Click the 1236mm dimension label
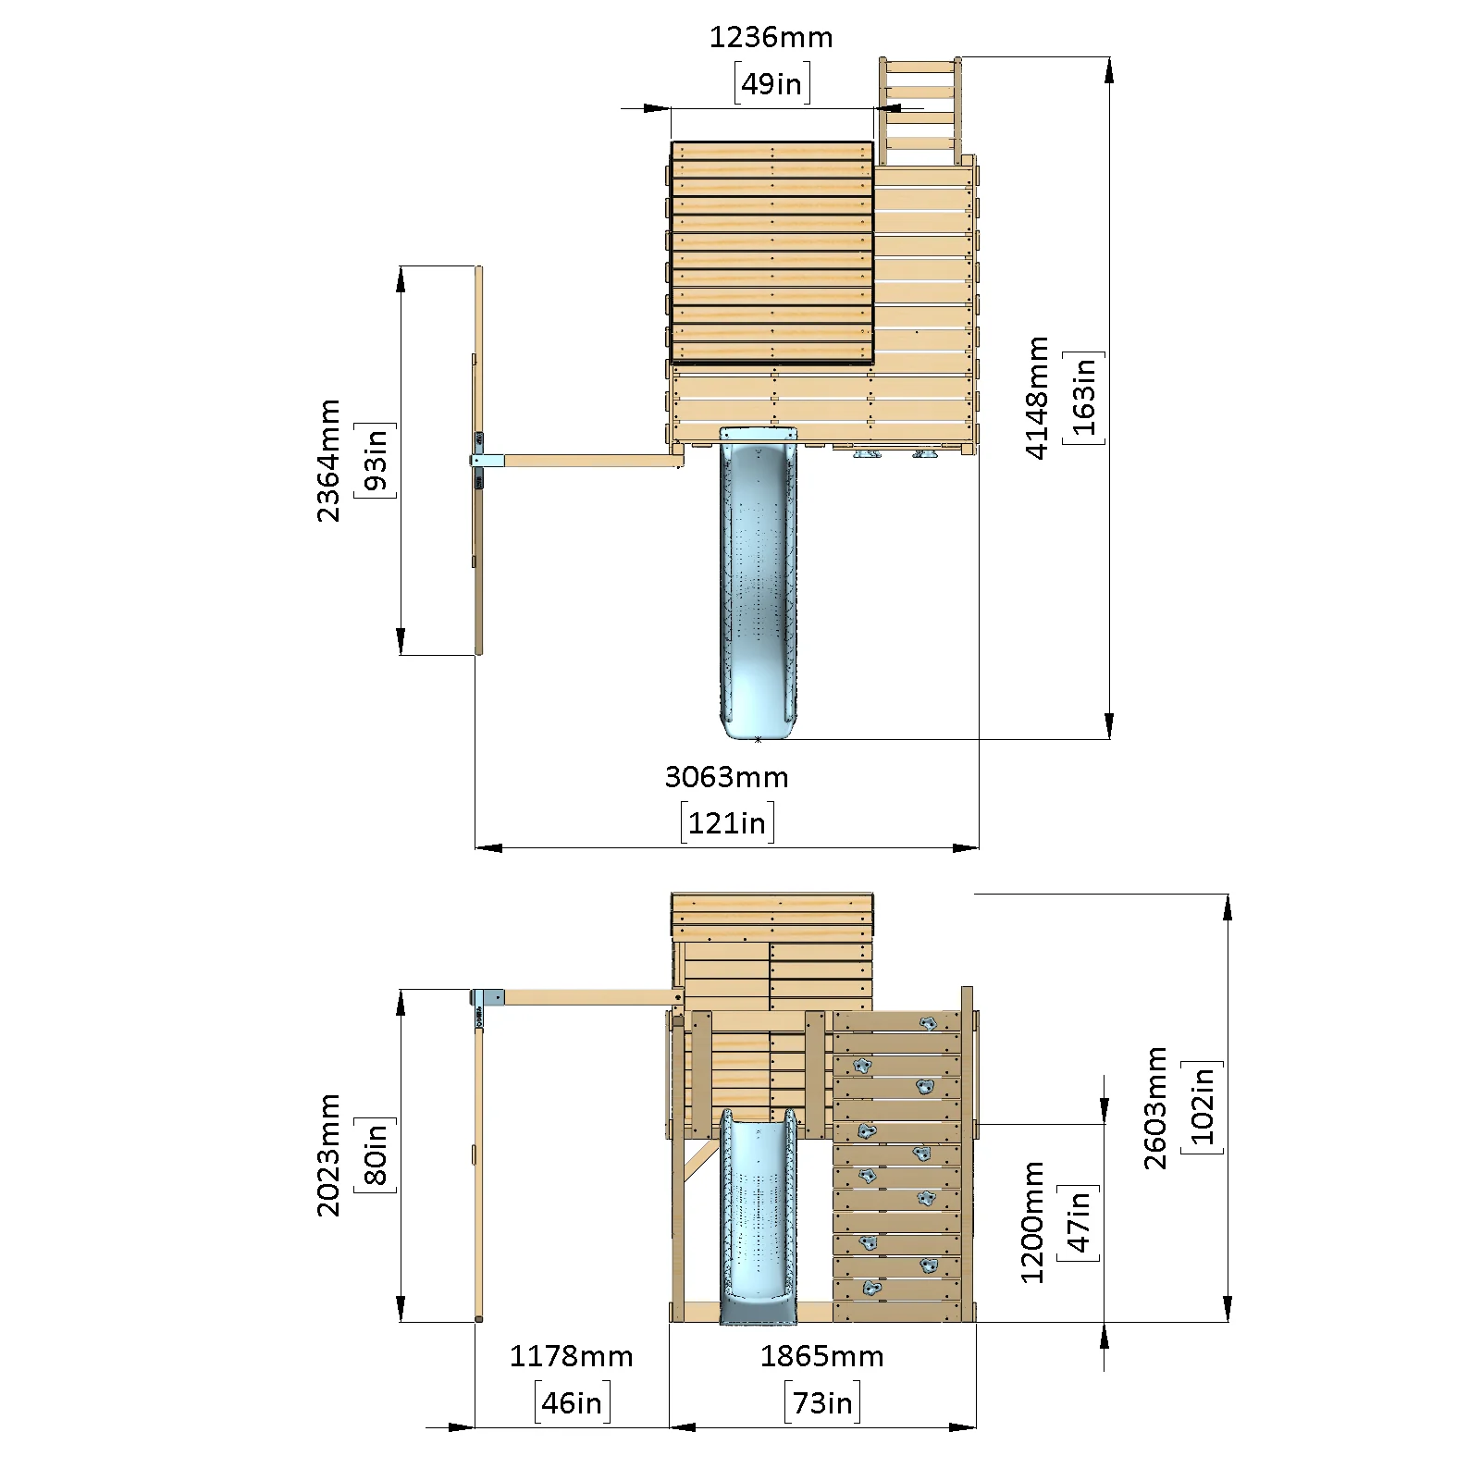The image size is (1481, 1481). point(771,38)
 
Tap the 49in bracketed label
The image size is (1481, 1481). point(771,83)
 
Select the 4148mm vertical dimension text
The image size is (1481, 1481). point(1037,398)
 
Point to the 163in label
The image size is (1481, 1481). point(1083,398)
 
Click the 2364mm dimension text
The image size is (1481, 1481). point(329,461)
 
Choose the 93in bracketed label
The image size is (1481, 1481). point(375,461)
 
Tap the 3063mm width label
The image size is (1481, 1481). point(727,777)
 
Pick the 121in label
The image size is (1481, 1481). point(727,822)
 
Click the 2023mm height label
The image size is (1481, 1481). point(329,1155)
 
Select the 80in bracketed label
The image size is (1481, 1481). point(375,1155)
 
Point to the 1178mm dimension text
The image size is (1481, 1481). point(572,1357)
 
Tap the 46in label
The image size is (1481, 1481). point(572,1403)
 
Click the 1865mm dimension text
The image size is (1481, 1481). point(822,1357)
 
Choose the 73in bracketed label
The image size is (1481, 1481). point(822,1403)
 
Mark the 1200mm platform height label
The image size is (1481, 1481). point(1032,1223)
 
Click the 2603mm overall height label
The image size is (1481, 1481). point(1156,1108)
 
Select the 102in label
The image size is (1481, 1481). point(1202,1108)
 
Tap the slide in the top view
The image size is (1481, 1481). point(759,583)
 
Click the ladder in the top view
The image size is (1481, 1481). point(920,111)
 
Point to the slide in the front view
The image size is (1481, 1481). point(759,1216)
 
